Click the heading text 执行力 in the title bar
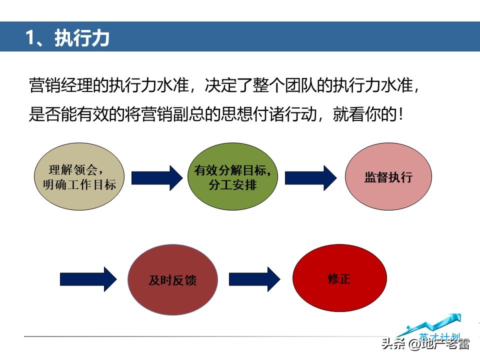click(x=82, y=37)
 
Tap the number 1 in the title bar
click(x=31, y=37)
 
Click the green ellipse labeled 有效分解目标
click(x=233, y=177)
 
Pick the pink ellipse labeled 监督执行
click(x=388, y=177)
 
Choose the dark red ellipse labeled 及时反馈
click(x=172, y=279)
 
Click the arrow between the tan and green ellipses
click(x=157, y=177)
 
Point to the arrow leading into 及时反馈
click(x=88, y=279)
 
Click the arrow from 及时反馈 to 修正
click(x=254, y=279)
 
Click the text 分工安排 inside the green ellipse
click(x=233, y=184)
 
